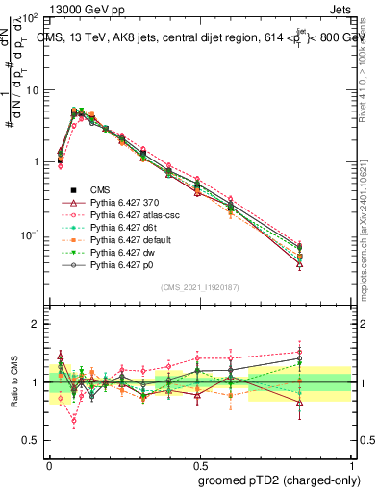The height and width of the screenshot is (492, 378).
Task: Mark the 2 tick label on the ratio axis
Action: click(35, 324)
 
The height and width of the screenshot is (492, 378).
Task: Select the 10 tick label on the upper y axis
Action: click(32, 89)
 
